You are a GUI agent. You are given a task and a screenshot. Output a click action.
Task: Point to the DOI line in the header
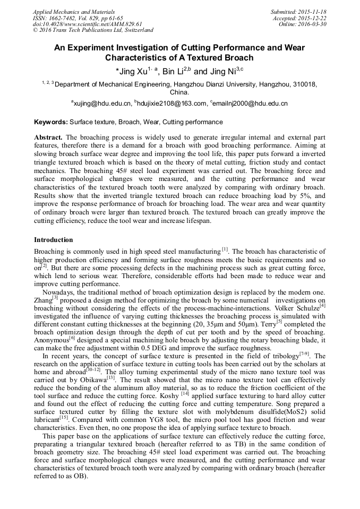click(x=87, y=24)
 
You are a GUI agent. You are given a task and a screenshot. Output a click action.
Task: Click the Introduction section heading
click(x=54, y=240)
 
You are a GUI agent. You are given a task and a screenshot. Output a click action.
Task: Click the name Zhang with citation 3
click(x=43, y=300)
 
